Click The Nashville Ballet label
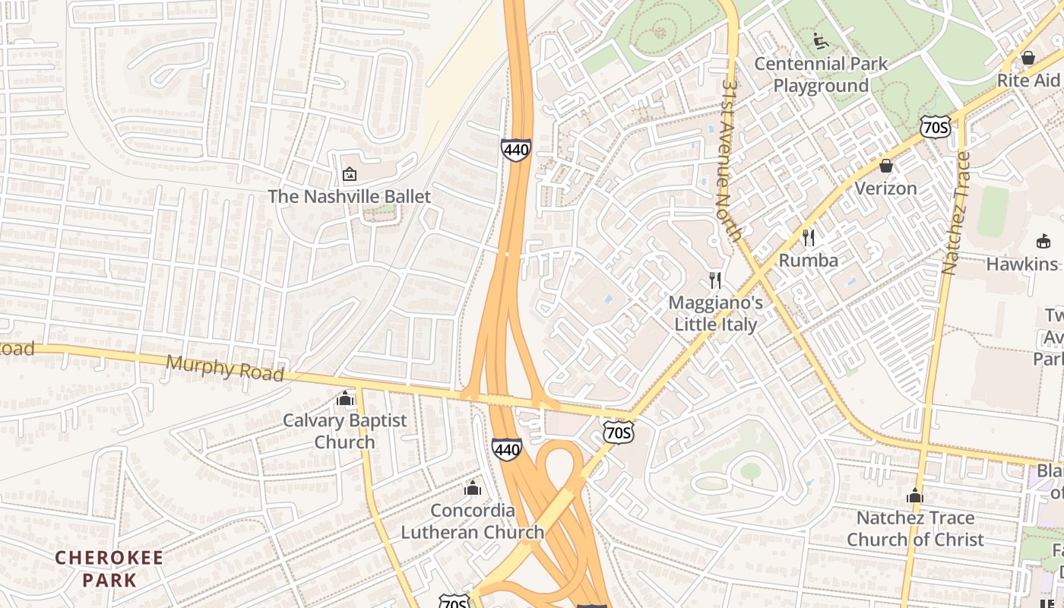point(349,197)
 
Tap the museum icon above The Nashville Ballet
point(349,174)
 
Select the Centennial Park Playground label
point(821,74)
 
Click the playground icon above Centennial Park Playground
point(821,41)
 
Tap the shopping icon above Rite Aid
point(1028,58)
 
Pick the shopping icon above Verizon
point(885,166)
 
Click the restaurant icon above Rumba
point(809,238)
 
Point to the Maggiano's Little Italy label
point(715,314)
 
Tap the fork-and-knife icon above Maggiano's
point(714,280)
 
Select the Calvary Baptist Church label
point(345,431)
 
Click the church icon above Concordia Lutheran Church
point(473,488)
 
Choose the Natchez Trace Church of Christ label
point(915,529)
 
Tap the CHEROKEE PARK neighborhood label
point(109,569)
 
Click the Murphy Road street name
point(225,369)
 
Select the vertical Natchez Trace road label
point(956,214)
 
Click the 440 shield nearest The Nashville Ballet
point(515,150)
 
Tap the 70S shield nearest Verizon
point(934,127)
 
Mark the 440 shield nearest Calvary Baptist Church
point(506,449)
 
